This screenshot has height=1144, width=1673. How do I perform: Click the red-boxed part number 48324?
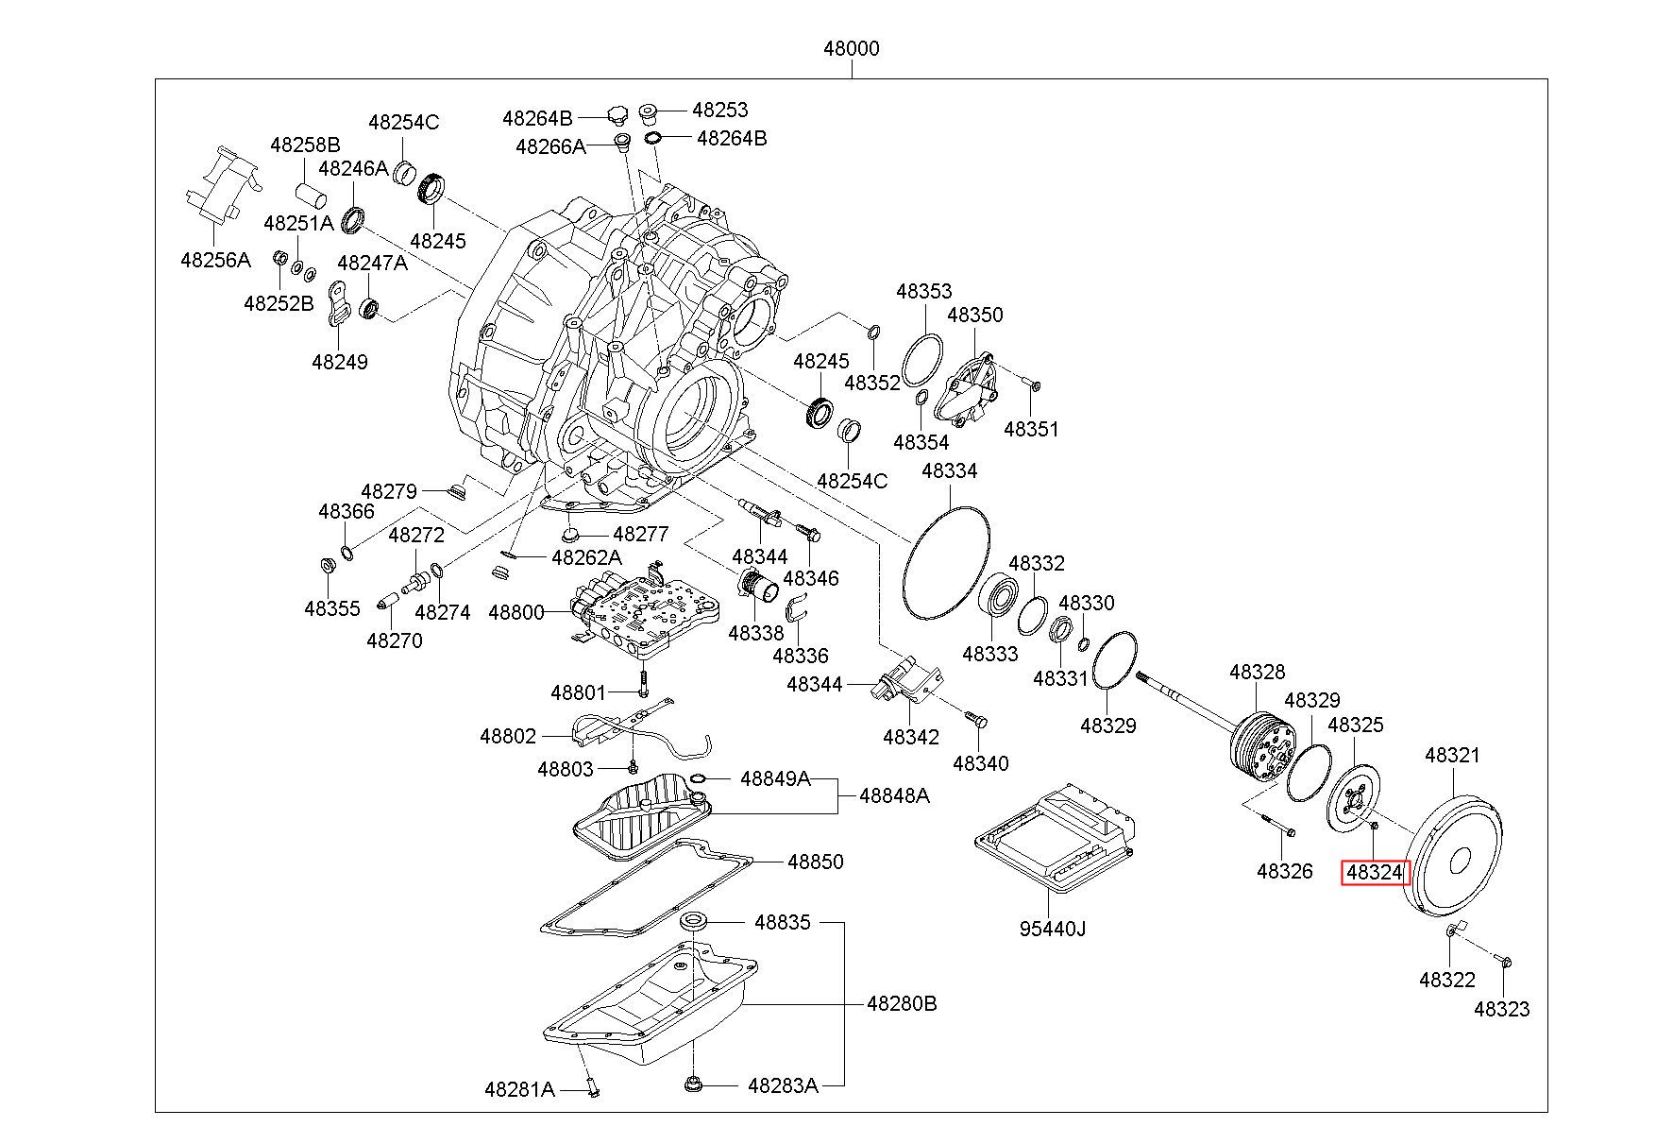tap(1375, 873)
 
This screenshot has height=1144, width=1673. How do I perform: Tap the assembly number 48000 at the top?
tap(851, 48)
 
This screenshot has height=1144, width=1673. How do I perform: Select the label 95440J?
tap(1052, 929)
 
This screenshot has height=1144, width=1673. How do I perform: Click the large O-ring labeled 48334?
tap(946, 562)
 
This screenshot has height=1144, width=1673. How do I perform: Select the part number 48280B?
tap(902, 1003)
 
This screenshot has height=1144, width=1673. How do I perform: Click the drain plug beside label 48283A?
tap(694, 1084)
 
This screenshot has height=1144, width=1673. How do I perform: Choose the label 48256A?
tap(215, 260)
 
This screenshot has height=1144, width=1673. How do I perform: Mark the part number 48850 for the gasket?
tap(816, 862)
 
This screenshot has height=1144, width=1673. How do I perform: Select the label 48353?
tap(924, 292)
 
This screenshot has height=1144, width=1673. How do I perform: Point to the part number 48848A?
tap(894, 796)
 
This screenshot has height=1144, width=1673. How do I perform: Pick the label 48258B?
tap(305, 145)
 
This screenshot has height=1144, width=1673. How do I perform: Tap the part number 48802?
tap(508, 736)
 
